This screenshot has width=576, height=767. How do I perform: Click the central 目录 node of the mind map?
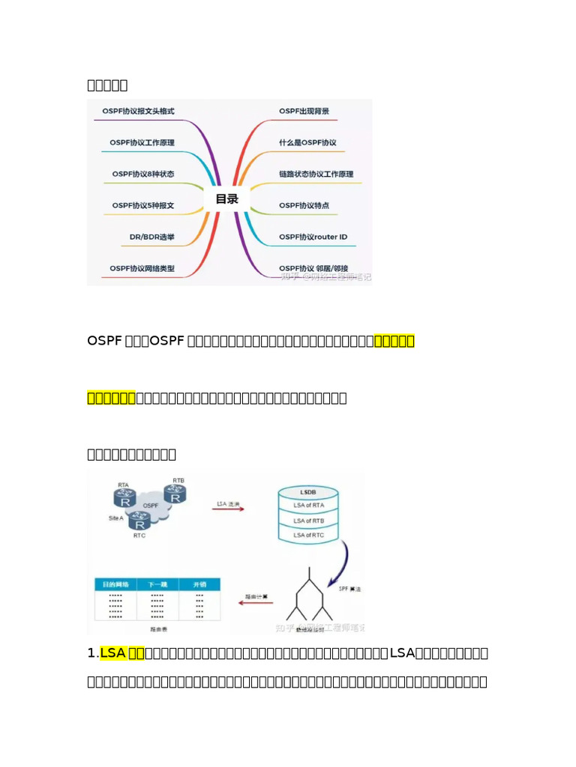(x=226, y=198)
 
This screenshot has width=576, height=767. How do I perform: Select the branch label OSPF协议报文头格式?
(x=139, y=112)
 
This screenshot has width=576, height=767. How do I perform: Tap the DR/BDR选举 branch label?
(x=152, y=237)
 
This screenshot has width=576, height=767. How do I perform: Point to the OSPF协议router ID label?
(x=313, y=237)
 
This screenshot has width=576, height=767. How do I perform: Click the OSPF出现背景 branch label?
(x=304, y=112)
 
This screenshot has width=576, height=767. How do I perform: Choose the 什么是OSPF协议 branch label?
(x=307, y=142)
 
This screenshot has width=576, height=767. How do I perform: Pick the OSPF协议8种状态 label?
(x=142, y=174)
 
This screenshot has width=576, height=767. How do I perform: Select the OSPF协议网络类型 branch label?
(x=142, y=267)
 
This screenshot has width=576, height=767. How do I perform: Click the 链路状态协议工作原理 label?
(x=316, y=174)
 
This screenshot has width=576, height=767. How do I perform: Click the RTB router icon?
(x=176, y=494)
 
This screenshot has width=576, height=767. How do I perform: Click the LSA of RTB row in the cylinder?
(x=308, y=521)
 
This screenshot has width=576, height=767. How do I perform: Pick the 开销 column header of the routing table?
(x=199, y=584)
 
